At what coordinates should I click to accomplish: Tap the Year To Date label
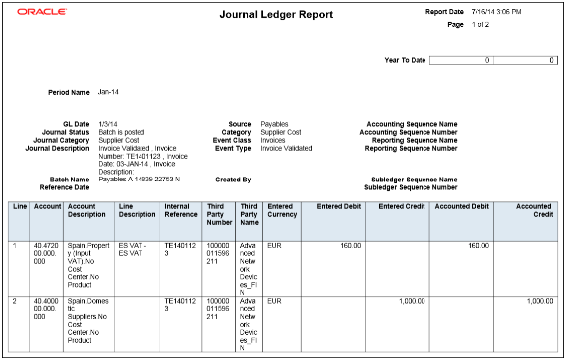pyautogui.click(x=405, y=60)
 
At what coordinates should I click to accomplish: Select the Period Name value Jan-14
pyautogui.click(x=109, y=92)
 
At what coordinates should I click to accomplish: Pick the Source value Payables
pyautogui.click(x=275, y=123)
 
